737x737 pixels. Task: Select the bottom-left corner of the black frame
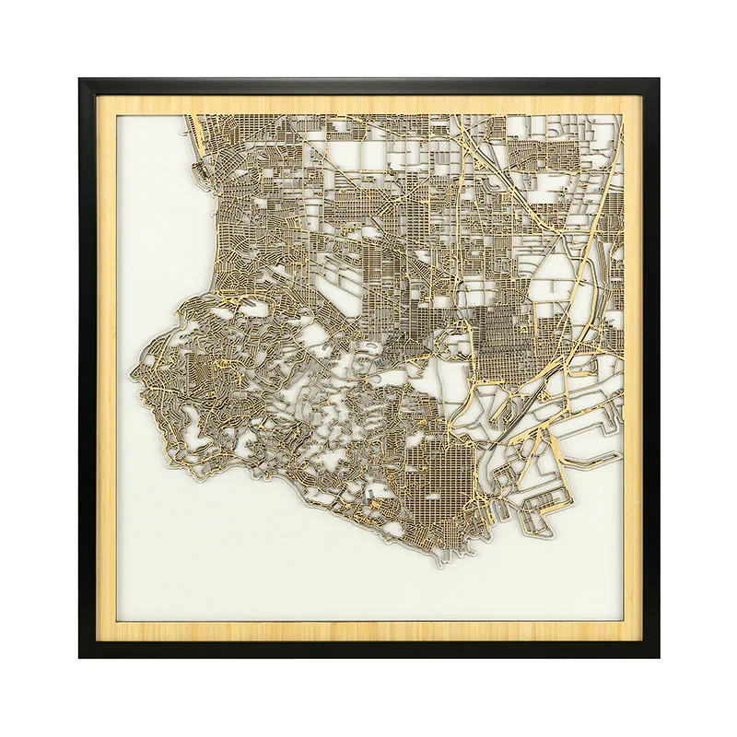coord(80,657)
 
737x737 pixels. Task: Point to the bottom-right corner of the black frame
coord(658,657)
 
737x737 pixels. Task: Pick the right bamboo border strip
coord(635,368)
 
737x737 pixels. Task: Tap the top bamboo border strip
coord(368,102)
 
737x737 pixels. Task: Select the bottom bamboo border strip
coord(368,634)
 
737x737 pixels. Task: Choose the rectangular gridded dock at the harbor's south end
coord(544,507)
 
